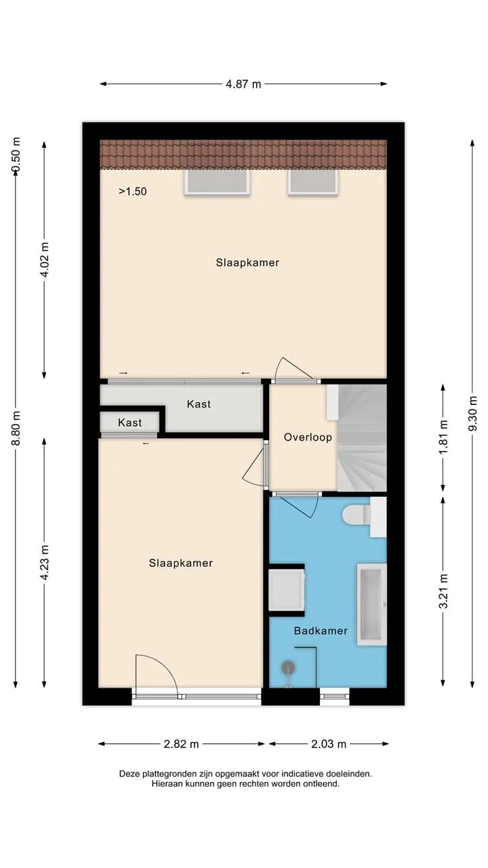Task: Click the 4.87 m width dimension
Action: (243, 83)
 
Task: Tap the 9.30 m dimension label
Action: (472, 414)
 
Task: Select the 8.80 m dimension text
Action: (16, 428)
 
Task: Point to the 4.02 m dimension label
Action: (45, 259)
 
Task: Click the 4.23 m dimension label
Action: (45, 563)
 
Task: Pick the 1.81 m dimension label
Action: (443, 437)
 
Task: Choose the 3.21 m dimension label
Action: (443, 591)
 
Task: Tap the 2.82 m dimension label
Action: (181, 744)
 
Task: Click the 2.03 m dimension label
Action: (329, 744)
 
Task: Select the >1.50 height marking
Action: (132, 191)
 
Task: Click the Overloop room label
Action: (308, 437)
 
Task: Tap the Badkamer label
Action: (321, 631)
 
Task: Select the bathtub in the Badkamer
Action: (371, 604)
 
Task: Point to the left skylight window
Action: (217, 182)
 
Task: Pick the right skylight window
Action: (313, 182)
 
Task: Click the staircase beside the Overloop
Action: (362, 438)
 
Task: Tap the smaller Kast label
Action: (129, 422)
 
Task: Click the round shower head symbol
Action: (288, 668)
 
